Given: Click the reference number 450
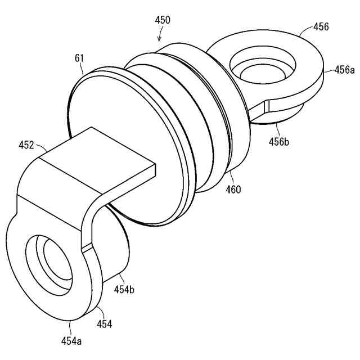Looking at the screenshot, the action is pos(162,20).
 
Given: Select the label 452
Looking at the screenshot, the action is pos(27,145).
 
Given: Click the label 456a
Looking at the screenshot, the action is pos(344,70).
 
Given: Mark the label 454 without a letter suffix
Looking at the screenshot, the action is pos(104,324).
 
